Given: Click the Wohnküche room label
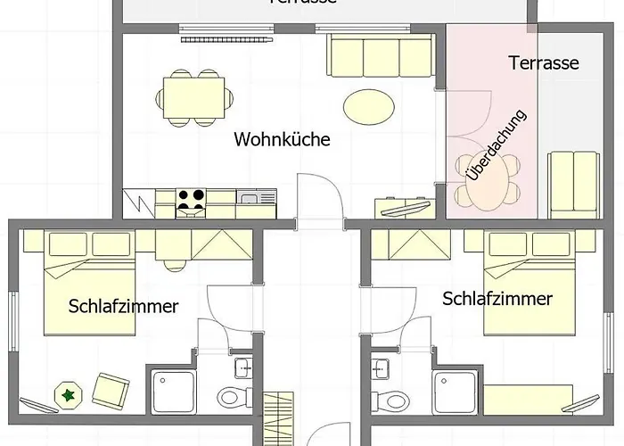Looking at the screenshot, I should (x=282, y=139).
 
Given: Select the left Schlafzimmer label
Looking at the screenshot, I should (x=123, y=306).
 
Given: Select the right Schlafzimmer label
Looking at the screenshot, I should (x=497, y=299).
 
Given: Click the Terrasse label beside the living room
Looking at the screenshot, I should (x=544, y=63).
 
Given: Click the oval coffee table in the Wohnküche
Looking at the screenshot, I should (x=369, y=106).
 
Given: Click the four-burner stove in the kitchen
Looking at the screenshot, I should (x=190, y=202).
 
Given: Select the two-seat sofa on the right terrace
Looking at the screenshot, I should (x=571, y=183).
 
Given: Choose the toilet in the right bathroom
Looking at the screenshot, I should (x=384, y=398).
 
